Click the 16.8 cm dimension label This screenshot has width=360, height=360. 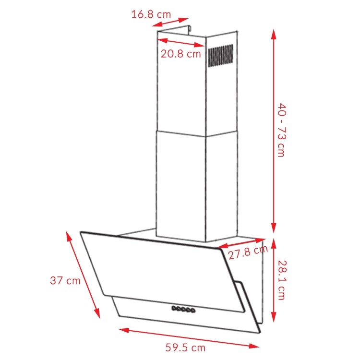point(151,14)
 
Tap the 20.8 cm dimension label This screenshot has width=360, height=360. point(180,54)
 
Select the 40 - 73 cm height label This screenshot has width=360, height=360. point(280,129)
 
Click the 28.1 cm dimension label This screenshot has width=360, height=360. point(281,281)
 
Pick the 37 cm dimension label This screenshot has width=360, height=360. point(65,281)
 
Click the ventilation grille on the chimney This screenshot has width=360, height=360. point(220,56)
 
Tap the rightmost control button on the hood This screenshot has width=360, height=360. point(192,312)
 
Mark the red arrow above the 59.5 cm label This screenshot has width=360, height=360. point(189,337)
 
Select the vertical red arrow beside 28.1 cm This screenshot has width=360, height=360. point(274,281)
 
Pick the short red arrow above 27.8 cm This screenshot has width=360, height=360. point(240,243)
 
